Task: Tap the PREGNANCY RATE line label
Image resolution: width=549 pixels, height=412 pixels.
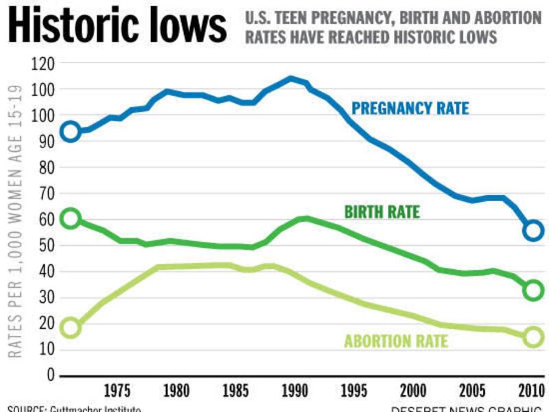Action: pyautogui.click(x=410, y=108)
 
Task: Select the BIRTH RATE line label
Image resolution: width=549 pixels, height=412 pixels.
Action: pyautogui.click(x=381, y=212)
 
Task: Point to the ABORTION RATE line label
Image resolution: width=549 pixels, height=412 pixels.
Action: pyautogui.click(x=396, y=341)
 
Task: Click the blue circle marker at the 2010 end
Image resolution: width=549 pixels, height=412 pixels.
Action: pyautogui.click(x=533, y=231)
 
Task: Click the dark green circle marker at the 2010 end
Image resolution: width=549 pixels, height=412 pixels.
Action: pyautogui.click(x=533, y=290)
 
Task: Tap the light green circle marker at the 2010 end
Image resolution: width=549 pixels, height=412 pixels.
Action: pyautogui.click(x=533, y=336)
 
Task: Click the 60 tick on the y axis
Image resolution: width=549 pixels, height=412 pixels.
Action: pyautogui.click(x=46, y=220)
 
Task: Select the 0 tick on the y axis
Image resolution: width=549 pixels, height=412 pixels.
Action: pyautogui.click(x=50, y=376)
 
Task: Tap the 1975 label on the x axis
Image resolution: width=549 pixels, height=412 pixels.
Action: pyautogui.click(x=118, y=391)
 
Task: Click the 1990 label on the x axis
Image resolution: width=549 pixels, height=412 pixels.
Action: pyautogui.click(x=294, y=391)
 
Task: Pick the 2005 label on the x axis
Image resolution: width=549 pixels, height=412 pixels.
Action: pyautogui.click(x=470, y=391)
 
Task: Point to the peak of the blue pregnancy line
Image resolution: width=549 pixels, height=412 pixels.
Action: pyautogui.click(x=291, y=78)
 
